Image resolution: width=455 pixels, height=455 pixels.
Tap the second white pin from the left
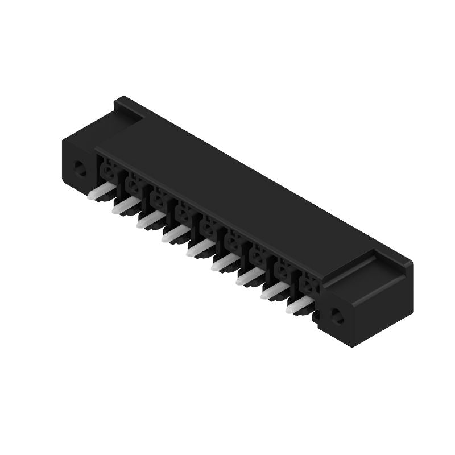(x=123, y=206)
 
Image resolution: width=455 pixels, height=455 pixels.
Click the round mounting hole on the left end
(x=80, y=168)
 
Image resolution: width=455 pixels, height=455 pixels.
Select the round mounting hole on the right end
(x=337, y=316)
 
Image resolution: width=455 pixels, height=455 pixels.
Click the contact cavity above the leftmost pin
(x=108, y=170)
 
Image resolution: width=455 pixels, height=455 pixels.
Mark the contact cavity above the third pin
(x=159, y=198)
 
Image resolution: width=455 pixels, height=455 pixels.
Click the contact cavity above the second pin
(x=134, y=184)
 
